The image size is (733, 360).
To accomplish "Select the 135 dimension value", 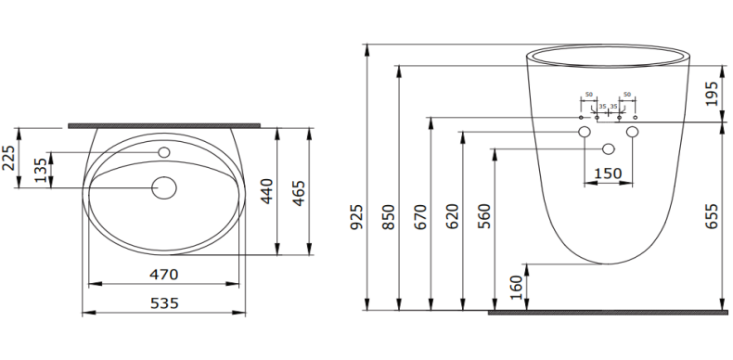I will point(40,171).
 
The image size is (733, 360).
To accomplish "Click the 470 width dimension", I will point(164,275).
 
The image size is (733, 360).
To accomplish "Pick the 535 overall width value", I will point(164,303).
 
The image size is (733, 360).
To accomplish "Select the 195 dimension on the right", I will point(713,93).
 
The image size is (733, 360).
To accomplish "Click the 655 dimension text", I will point(713,216).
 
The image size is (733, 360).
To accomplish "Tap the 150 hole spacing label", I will point(608,174).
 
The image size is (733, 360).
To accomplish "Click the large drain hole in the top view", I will point(164,188).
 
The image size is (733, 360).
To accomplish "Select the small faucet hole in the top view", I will point(164,152).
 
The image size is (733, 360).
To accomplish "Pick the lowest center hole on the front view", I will point(609,148).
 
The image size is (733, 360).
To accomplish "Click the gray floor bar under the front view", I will point(609,313).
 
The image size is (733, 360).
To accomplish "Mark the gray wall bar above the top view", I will point(164,123).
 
